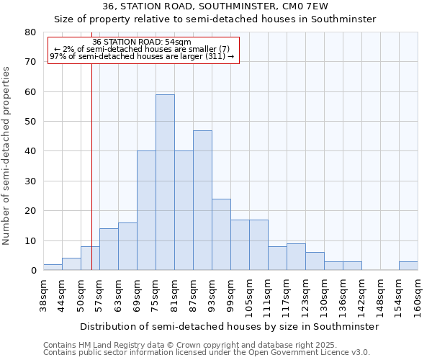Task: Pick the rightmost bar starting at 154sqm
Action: [x=408, y=266]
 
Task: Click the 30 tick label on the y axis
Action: [x=30, y=181]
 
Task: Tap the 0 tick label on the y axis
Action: [x=33, y=271]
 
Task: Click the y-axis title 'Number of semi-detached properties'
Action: [x=6, y=155]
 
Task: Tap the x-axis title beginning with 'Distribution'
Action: [x=229, y=326]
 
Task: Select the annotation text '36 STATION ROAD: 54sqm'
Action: [x=142, y=42]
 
